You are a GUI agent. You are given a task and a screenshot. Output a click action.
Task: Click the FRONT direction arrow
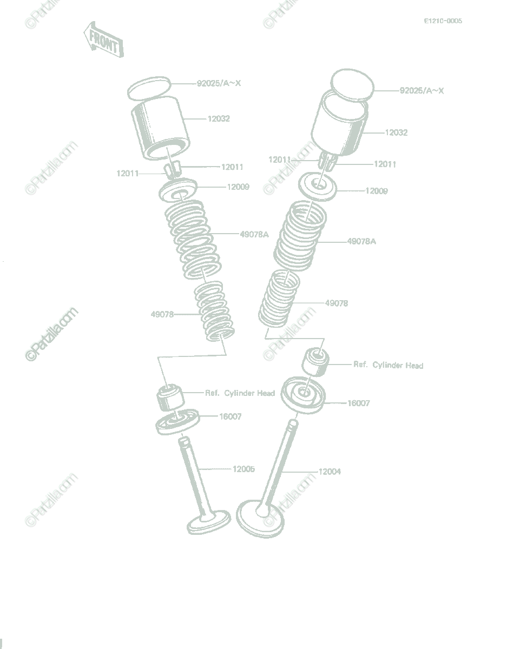[103, 39]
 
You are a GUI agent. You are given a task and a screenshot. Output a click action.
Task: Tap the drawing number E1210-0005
[443, 21]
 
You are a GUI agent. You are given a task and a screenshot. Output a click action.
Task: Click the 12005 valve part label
[243, 469]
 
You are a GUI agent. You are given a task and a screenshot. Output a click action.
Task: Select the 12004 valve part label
[330, 472]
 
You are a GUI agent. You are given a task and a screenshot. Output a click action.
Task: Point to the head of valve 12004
[260, 520]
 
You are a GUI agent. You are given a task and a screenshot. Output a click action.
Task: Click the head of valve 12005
[209, 522]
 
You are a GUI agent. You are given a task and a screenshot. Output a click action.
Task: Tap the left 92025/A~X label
[219, 83]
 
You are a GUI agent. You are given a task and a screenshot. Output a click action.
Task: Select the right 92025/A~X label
[422, 90]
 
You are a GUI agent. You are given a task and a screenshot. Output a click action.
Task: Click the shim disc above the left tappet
[149, 89]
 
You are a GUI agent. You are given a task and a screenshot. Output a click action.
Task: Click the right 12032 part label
[396, 133]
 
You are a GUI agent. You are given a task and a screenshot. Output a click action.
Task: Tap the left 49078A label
[254, 235]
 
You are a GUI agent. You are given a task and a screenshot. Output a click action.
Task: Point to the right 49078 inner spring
[279, 298]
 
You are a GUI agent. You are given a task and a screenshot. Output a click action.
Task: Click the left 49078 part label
[162, 314]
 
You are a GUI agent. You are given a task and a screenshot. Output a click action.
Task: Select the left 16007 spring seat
[177, 422]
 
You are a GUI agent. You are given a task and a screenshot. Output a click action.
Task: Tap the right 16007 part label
[359, 403]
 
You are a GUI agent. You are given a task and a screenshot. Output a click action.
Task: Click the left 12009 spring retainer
[178, 190]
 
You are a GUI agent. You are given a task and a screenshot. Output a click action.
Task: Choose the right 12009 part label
[377, 191]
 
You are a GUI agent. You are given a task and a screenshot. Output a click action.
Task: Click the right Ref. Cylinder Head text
[389, 365]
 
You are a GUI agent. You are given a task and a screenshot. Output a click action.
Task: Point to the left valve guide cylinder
[170, 398]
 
